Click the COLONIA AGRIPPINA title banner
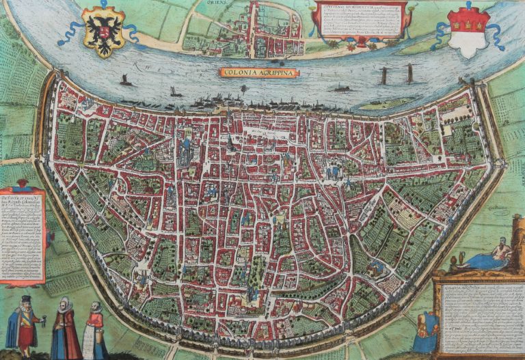(259, 72)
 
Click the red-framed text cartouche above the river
(360, 21)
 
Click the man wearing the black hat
(26, 322)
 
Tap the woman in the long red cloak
(66, 328)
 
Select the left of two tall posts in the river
(384, 75)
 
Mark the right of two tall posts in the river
(409, 73)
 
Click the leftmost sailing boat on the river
(126, 81)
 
